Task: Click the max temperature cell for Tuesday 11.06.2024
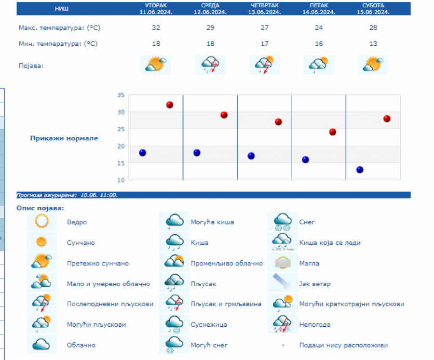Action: tap(156, 27)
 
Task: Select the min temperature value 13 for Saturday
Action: tap(373, 44)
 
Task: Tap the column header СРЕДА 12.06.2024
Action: tap(210, 9)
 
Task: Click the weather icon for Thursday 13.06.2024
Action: tap(265, 65)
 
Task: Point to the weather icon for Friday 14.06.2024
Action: tap(319, 65)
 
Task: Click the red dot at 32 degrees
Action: tap(170, 105)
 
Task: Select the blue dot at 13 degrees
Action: tap(360, 170)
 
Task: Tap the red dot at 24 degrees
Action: tap(332, 132)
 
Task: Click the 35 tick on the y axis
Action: tap(121, 95)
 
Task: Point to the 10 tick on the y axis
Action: tap(121, 180)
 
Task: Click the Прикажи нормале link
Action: tap(64, 138)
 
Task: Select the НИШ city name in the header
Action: tap(62, 9)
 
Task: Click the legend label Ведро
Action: tap(77, 222)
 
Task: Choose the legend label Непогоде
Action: tap(315, 324)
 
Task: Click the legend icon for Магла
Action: tap(282, 263)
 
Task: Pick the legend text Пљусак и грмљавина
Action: tap(226, 304)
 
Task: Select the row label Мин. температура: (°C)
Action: tap(58, 44)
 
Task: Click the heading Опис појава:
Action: tap(41, 208)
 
